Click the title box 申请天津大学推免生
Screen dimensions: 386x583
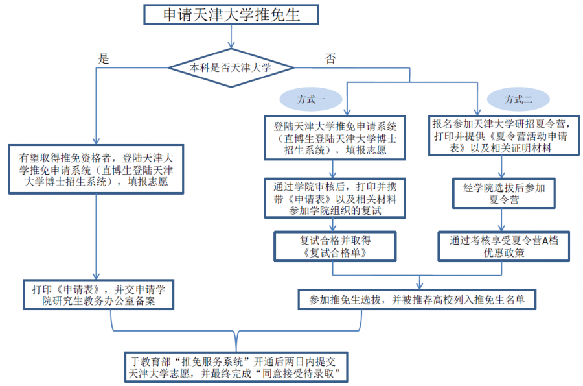click(231, 14)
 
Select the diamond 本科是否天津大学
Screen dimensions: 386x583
click(231, 67)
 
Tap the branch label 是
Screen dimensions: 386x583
click(102, 58)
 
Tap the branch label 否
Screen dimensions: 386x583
click(330, 59)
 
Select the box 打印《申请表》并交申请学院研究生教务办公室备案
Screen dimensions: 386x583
click(95, 294)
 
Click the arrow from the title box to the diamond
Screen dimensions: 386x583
click(231, 38)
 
